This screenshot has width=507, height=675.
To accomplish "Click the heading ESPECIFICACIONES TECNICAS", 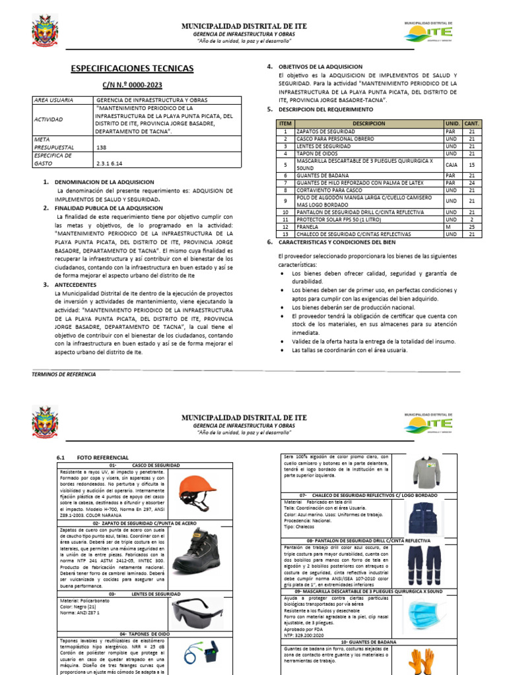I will coord(132,69).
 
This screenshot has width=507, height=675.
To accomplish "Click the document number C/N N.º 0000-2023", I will coord(132,85).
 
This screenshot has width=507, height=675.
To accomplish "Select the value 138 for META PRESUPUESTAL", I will coord(102,148).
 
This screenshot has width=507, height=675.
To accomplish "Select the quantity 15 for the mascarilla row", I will coord(471,165).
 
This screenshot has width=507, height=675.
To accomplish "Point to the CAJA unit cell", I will coord(452,165).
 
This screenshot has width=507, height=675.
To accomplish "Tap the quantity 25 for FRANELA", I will coord(471,227).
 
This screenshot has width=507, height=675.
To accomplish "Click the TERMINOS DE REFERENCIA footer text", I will coord(63,374).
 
